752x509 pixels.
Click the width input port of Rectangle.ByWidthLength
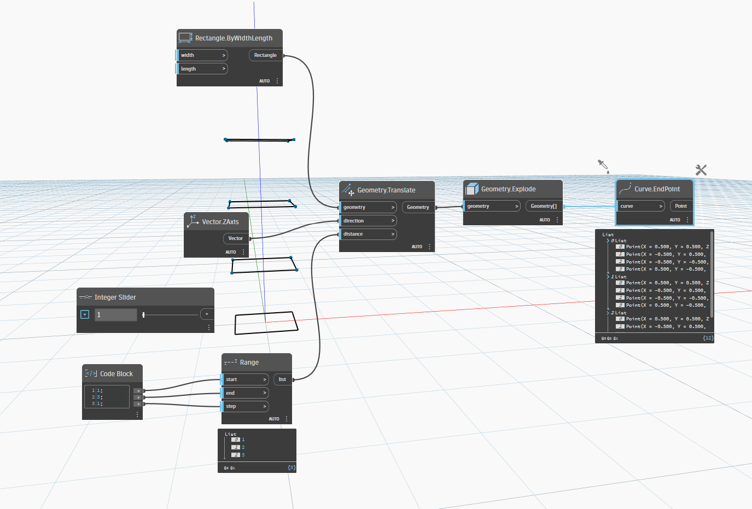tap(201, 55)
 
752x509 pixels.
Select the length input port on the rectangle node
tap(201, 69)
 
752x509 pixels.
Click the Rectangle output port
tap(266, 55)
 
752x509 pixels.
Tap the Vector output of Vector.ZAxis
tap(236, 238)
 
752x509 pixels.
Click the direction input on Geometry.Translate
tap(368, 221)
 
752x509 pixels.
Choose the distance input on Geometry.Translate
tap(368, 234)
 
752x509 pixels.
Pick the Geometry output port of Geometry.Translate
tap(418, 207)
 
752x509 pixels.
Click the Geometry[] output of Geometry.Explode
tap(544, 206)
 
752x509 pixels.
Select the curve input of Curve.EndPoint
tap(641, 206)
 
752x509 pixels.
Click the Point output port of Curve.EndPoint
tap(681, 206)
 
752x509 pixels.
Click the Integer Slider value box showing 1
tap(115, 315)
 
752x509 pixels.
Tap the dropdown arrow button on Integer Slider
tap(85, 314)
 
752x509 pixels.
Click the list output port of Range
tap(283, 379)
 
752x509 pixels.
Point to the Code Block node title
tap(116, 374)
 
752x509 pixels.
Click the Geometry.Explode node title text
tap(508, 189)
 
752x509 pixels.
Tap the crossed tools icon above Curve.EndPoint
tap(701, 170)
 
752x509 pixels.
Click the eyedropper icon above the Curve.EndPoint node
tap(603, 166)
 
